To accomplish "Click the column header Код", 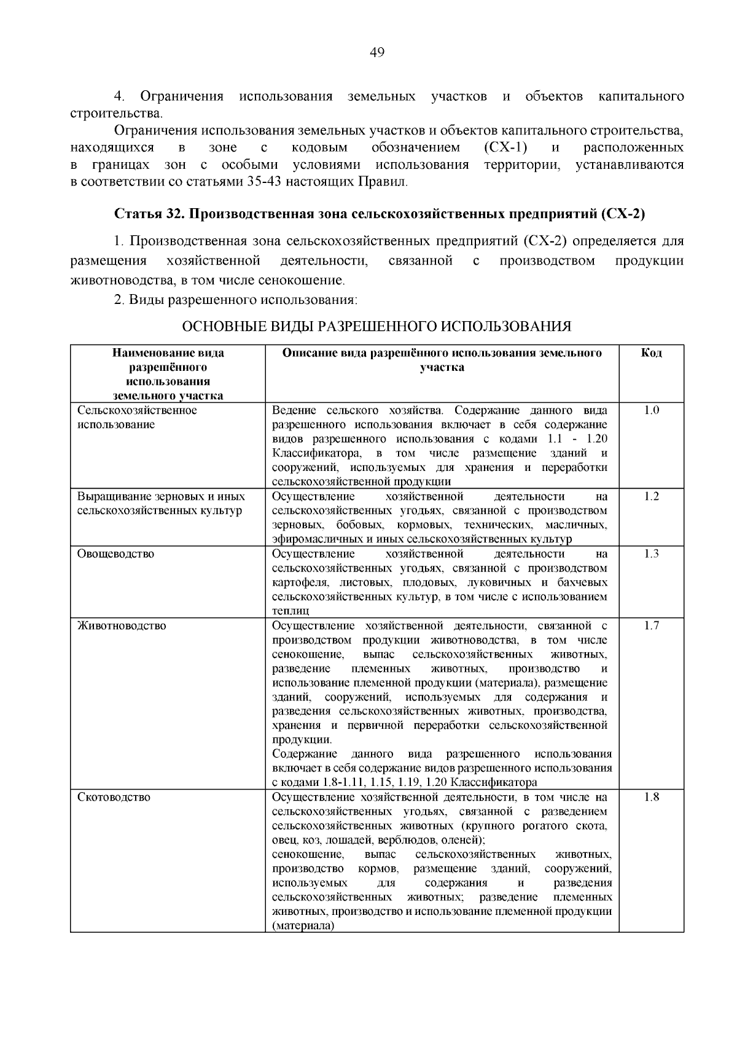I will [651, 353].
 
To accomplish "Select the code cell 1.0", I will [651, 410].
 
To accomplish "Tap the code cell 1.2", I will [651, 496].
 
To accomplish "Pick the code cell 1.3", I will [651, 554].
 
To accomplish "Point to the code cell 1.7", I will [651, 626].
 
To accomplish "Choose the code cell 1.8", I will [651, 798].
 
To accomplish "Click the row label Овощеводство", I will [115, 554].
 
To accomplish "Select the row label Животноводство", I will [122, 626].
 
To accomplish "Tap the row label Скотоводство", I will [114, 798].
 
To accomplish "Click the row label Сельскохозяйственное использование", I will [136, 418].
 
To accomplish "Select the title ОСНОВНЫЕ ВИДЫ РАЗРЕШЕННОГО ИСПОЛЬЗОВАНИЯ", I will [377, 327].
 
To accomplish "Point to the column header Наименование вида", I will [168, 353].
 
